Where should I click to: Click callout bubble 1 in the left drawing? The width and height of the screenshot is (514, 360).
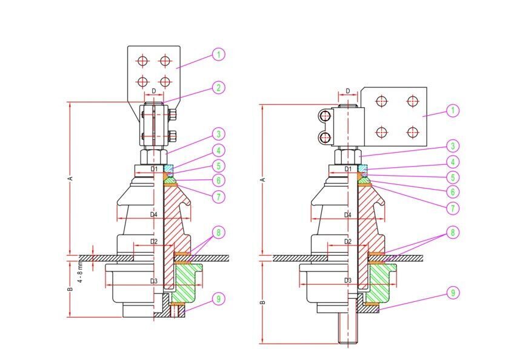(x=219, y=55)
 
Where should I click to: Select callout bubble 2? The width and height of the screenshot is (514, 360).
(x=219, y=88)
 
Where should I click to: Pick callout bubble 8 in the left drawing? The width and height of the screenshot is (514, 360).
(x=219, y=232)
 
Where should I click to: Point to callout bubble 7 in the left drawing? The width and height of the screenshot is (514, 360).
(x=219, y=196)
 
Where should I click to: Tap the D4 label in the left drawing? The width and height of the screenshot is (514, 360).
(x=153, y=215)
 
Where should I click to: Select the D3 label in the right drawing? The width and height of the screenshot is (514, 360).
(x=347, y=281)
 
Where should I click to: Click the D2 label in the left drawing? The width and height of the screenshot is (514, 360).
(x=153, y=242)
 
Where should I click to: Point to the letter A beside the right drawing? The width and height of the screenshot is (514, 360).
(x=262, y=180)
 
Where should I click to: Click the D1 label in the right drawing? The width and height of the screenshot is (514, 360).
(x=347, y=168)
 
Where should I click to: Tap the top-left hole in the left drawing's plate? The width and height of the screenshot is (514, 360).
(x=142, y=61)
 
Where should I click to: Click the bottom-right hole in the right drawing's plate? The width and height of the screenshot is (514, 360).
(x=413, y=132)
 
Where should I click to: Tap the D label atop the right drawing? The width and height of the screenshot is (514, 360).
(x=347, y=92)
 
